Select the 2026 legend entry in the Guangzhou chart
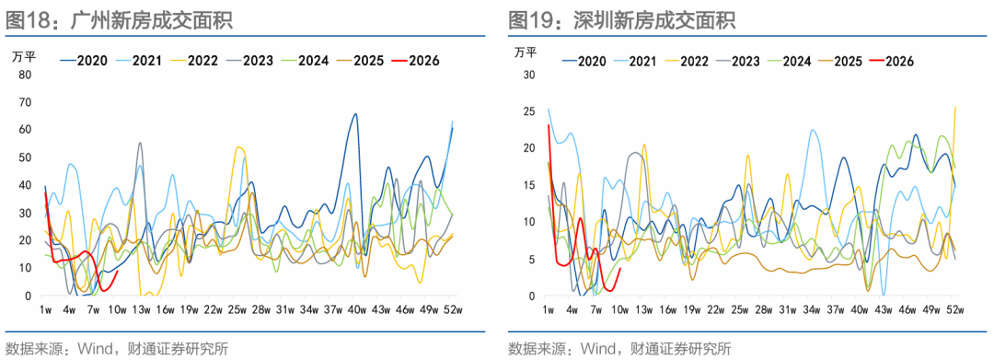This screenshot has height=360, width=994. pyautogui.click(x=415, y=61)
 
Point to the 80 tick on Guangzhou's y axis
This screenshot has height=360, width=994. pyautogui.click(x=26, y=75)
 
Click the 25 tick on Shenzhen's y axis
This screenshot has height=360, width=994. pyautogui.click(x=528, y=111)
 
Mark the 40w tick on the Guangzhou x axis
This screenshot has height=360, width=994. pyautogui.click(x=356, y=310)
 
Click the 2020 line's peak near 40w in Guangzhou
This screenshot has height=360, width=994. pyautogui.click(x=355, y=114)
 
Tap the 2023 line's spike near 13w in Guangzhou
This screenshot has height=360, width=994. pyautogui.click(x=140, y=144)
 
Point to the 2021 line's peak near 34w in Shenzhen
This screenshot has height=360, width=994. pyautogui.click(x=813, y=131)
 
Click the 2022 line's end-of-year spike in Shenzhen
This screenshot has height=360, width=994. pyautogui.click(x=954, y=108)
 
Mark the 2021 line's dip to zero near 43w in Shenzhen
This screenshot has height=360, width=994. pyautogui.click(x=883, y=294)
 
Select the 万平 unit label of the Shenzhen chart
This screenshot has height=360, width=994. pyautogui.click(x=525, y=51)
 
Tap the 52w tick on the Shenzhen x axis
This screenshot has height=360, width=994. pyautogui.click(x=954, y=310)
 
